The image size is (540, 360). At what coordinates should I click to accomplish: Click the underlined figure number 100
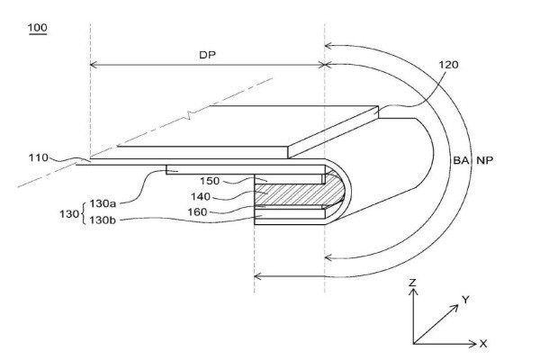coord(38,30)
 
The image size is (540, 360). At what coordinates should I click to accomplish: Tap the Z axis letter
coord(412,283)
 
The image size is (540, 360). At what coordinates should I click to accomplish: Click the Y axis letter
coord(464,299)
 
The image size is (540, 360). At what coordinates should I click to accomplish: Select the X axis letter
coord(483,344)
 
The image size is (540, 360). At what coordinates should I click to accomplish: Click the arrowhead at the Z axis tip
coord(412,293)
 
